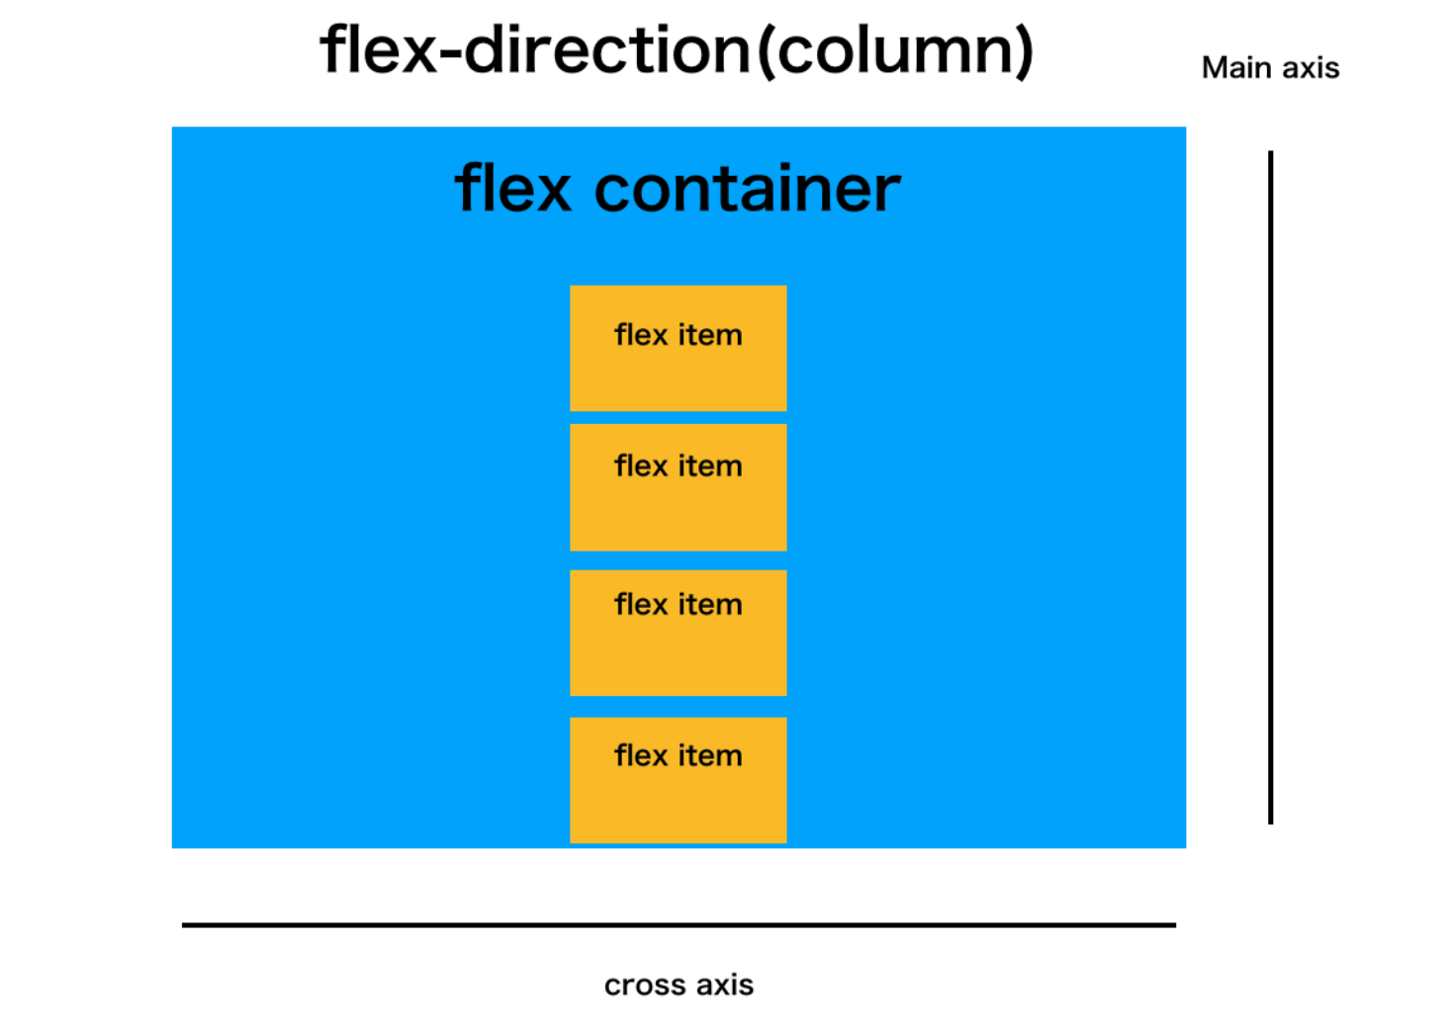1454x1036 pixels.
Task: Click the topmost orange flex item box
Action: pyautogui.click(x=678, y=348)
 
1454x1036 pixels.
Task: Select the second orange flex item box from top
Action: pyautogui.click(x=678, y=487)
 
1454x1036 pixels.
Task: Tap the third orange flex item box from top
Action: pyautogui.click(x=678, y=633)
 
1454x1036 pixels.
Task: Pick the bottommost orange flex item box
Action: pyautogui.click(x=678, y=780)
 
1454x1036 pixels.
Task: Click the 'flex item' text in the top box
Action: pyautogui.click(x=678, y=335)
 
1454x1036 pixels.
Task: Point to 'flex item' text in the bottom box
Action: pyautogui.click(x=678, y=755)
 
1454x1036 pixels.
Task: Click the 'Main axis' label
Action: pyautogui.click(x=1270, y=67)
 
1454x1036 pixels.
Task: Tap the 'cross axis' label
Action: pyautogui.click(x=679, y=985)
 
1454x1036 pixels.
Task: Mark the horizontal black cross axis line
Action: pyautogui.click(x=679, y=925)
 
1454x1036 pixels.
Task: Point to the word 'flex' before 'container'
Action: pyautogui.click(x=513, y=188)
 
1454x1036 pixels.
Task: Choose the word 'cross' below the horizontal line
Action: pyautogui.click(x=645, y=985)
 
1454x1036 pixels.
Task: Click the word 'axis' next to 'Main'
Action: pyautogui.click(x=1312, y=67)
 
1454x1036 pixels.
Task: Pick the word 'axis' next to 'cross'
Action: pyautogui.click(x=725, y=985)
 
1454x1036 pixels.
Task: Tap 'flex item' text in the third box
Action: pyautogui.click(x=678, y=604)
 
